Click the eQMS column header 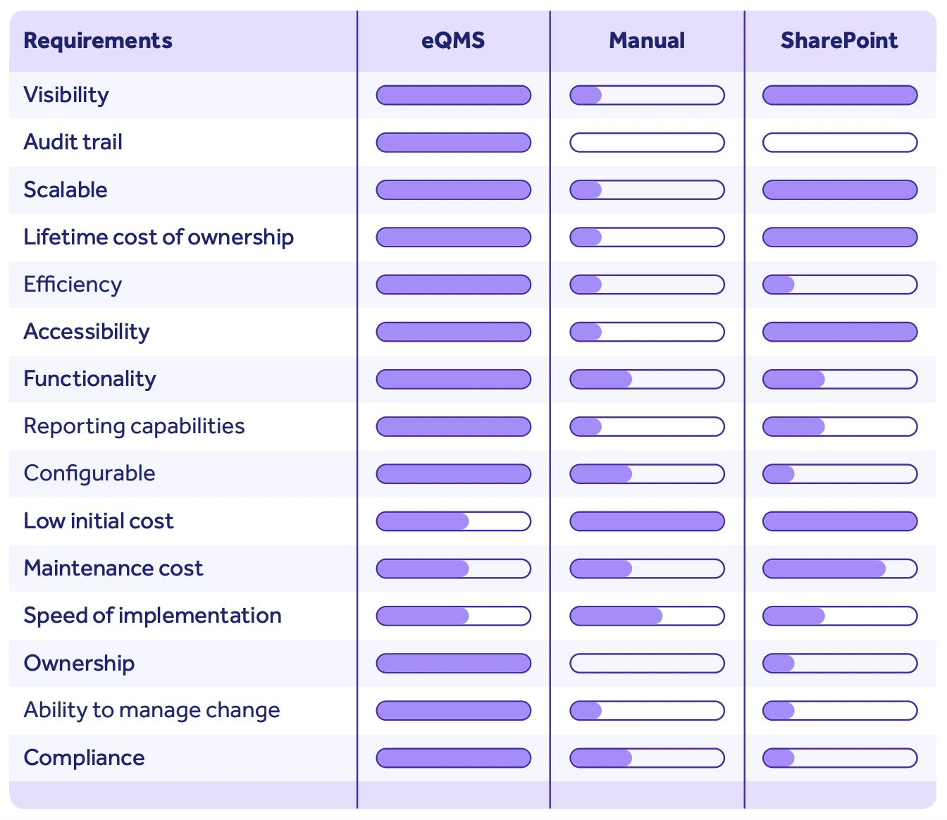[453, 40]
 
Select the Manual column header [647, 40]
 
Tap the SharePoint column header [839, 40]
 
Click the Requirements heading [98, 40]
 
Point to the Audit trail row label [73, 142]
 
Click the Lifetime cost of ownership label [159, 237]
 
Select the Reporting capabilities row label [134, 426]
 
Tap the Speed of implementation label [152, 616]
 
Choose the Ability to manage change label [151, 710]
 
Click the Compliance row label [84, 758]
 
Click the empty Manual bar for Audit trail [647, 142]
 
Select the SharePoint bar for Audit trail [840, 142]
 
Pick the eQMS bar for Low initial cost [454, 521]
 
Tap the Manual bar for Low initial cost [647, 521]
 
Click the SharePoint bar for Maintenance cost [840, 569]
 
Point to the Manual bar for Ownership [647, 663]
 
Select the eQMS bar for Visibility [454, 95]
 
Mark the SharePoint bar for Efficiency [840, 285]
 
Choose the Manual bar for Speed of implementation [647, 616]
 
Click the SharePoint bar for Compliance [840, 758]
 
